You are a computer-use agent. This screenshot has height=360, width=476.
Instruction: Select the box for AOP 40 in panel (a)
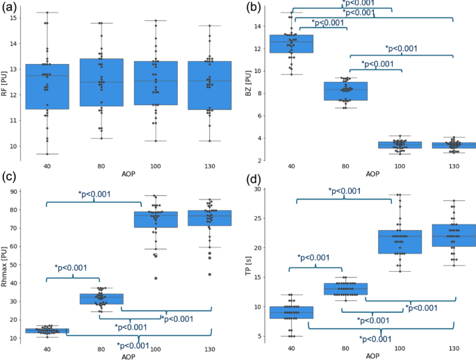[x=47, y=87]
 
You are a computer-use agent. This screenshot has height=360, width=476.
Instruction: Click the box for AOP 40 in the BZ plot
[x=290, y=44]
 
